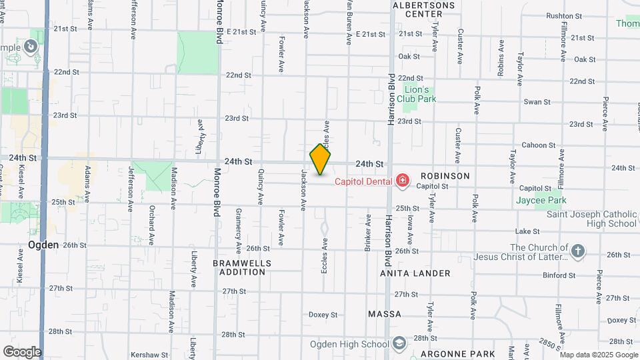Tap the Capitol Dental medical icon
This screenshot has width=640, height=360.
(x=402, y=180)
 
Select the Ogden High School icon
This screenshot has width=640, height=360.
(x=399, y=344)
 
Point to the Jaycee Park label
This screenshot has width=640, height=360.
(x=541, y=200)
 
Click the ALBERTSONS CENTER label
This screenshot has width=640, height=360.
(x=419, y=9)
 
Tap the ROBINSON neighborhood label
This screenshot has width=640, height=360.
(x=444, y=176)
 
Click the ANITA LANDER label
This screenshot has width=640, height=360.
(x=415, y=273)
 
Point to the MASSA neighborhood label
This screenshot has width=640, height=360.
(x=385, y=313)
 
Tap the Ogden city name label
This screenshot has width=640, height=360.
(x=44, y=245)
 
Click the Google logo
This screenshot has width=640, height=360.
(x=22, y=351)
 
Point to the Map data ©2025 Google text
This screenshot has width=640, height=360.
(x=599, y=355)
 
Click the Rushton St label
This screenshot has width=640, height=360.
(x=564, y=15)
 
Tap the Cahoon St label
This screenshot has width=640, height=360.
(x=538, y=145)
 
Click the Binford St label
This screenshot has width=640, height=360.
(x=559, y=275)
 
